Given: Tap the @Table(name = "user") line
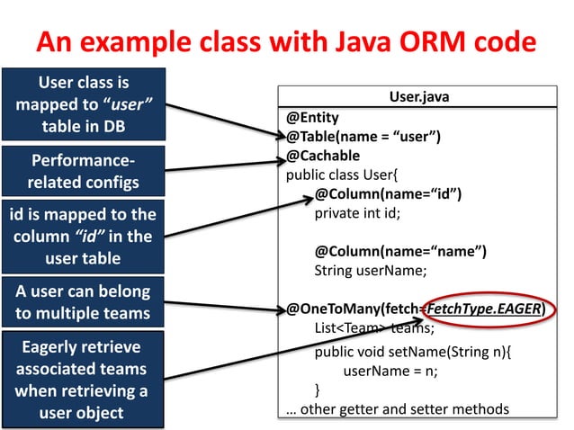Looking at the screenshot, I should pyautogui.click(x=363, y=136).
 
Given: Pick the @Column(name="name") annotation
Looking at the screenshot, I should pyautogui.click(x=400, y=251).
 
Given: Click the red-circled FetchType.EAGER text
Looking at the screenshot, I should pyautogui.click(x=486, y=310).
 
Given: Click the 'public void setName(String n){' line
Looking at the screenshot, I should pyautogui.click(x=412, y=351).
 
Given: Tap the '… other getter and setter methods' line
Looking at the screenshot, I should pyautogui.click(x=397, y=409).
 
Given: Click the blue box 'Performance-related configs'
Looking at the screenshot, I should pyautogui.click(x=83, y=172).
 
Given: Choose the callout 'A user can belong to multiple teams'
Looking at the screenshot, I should pyautogui.click(x=83, y=303).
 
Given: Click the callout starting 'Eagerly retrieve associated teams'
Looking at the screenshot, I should pyautogui.click(x=83, y=381).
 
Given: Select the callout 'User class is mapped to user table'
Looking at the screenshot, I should pyautogui.click(x=83, y=104).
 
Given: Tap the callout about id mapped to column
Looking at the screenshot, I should pyautogui.click(x=83, y=237).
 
